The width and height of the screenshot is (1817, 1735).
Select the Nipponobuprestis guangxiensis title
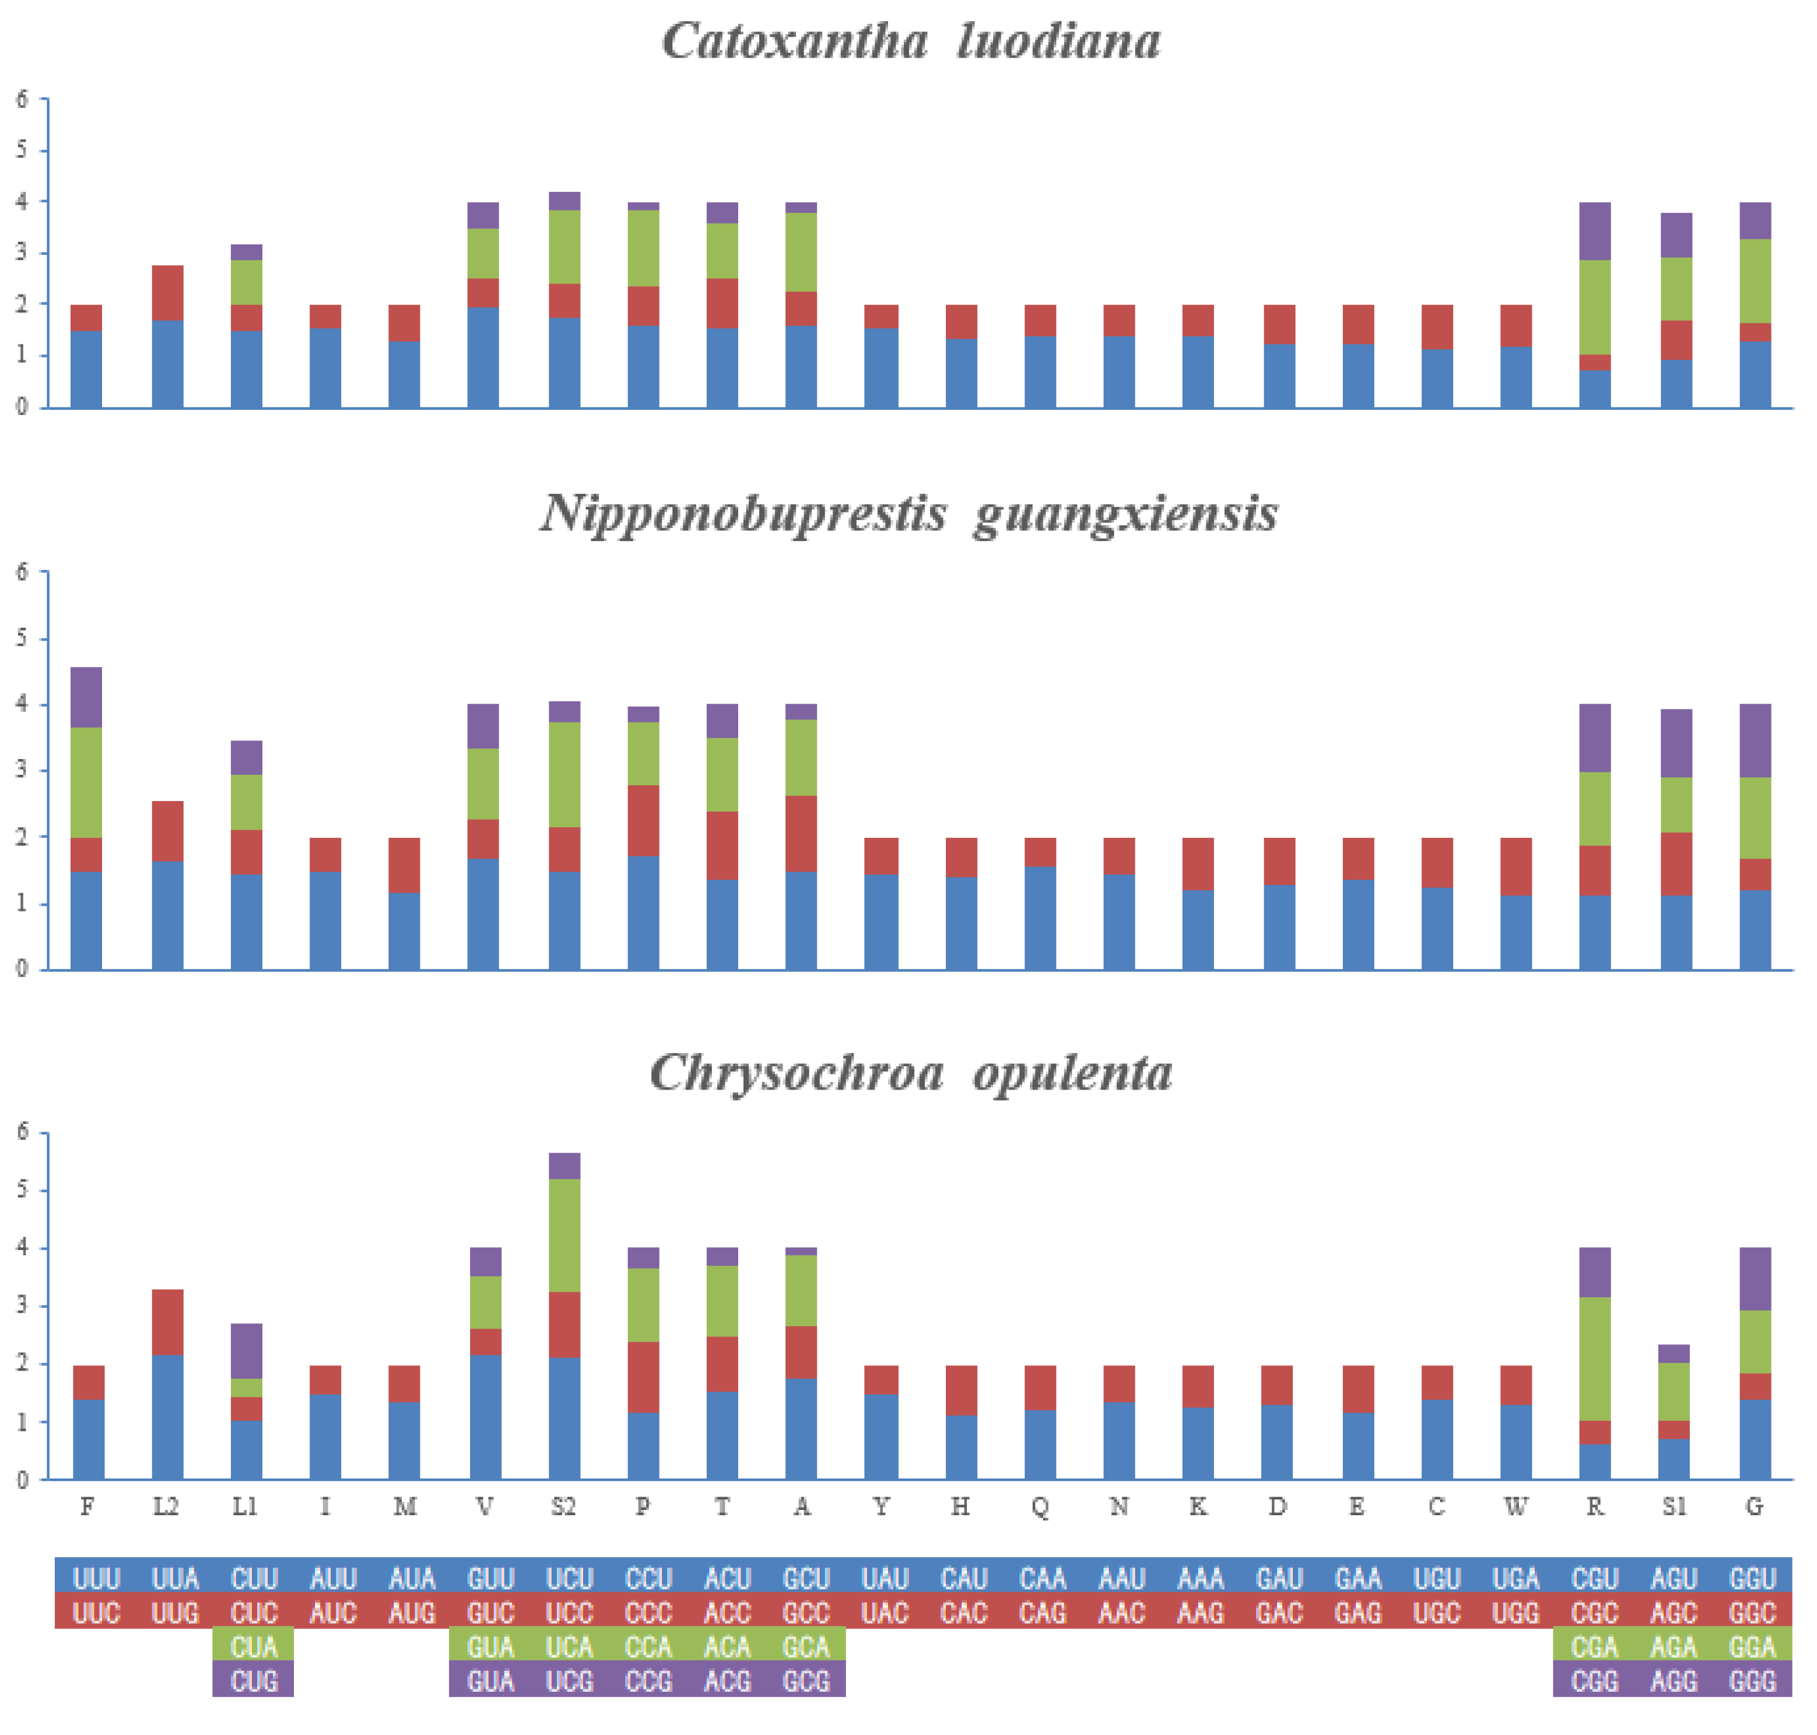[x=908, y=513]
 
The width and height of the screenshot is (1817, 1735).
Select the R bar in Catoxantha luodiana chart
[x=1594, y=305]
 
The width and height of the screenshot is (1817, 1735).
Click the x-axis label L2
[x=166, y=1508]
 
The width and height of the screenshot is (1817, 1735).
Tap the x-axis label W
[x=1516, y=1508]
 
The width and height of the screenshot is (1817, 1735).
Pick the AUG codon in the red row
[x=412, y=1613]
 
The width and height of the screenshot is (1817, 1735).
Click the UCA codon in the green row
[x=569, y=1647]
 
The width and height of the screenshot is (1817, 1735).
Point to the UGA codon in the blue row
[x=1516, y=1579]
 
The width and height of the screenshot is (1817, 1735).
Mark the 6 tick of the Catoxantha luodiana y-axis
[x=22, y=99]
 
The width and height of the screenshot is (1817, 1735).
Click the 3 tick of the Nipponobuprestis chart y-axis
[x=22, y=770]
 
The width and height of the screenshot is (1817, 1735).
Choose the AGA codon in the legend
[x=1674, y=1647]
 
